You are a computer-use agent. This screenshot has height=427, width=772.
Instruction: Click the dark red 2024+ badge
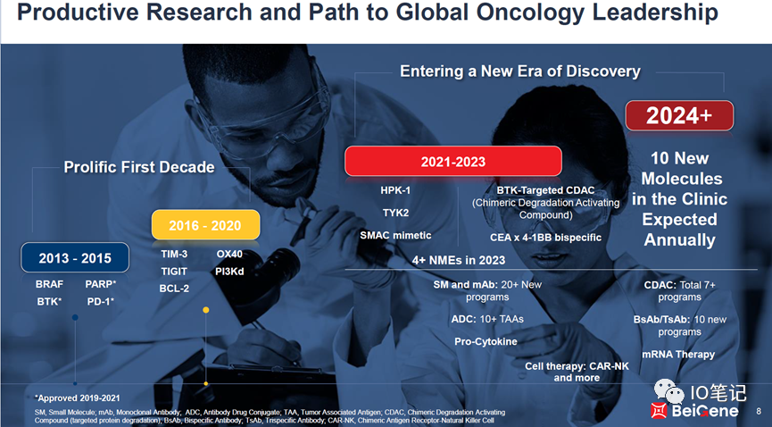679,115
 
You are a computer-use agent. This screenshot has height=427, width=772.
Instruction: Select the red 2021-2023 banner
453,161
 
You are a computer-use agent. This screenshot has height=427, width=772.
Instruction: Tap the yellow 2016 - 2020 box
205,225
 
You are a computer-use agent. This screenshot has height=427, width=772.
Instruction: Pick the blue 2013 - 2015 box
75,257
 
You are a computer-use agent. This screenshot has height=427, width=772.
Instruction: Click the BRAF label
49,284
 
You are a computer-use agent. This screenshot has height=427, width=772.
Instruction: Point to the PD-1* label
101,301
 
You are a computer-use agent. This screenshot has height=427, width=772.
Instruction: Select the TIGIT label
174,272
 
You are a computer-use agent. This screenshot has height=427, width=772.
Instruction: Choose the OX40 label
229,254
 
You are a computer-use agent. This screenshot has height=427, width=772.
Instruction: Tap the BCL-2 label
174,289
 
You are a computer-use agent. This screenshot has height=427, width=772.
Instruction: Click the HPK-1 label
395,190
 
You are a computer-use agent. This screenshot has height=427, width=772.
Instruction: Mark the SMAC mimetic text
395,235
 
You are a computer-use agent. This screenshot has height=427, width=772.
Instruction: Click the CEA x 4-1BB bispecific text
545,237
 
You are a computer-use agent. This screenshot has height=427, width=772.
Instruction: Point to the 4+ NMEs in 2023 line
459,260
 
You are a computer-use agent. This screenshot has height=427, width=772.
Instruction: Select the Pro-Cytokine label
486,341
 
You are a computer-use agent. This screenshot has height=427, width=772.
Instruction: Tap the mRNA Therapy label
678,354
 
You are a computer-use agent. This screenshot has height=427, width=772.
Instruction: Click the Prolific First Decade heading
139,167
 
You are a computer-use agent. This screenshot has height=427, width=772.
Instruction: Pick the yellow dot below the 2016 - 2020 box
206,310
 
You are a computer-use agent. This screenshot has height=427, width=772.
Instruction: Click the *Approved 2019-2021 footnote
78,398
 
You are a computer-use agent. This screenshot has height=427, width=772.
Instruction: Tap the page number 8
759,411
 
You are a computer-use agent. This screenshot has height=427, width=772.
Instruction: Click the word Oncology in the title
530,13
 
